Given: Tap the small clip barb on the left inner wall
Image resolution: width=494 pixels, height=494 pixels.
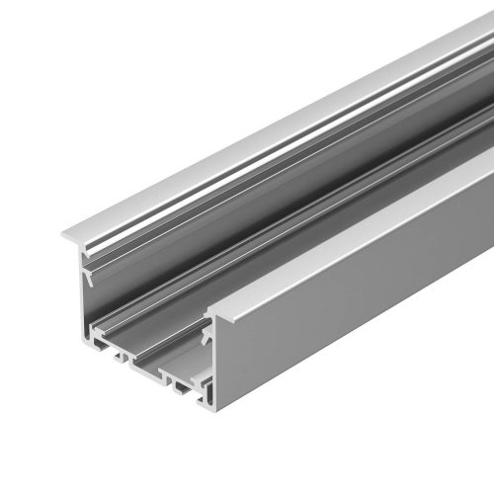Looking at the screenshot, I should [89, 279].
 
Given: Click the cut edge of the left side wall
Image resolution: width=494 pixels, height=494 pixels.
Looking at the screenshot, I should [85, 296].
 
